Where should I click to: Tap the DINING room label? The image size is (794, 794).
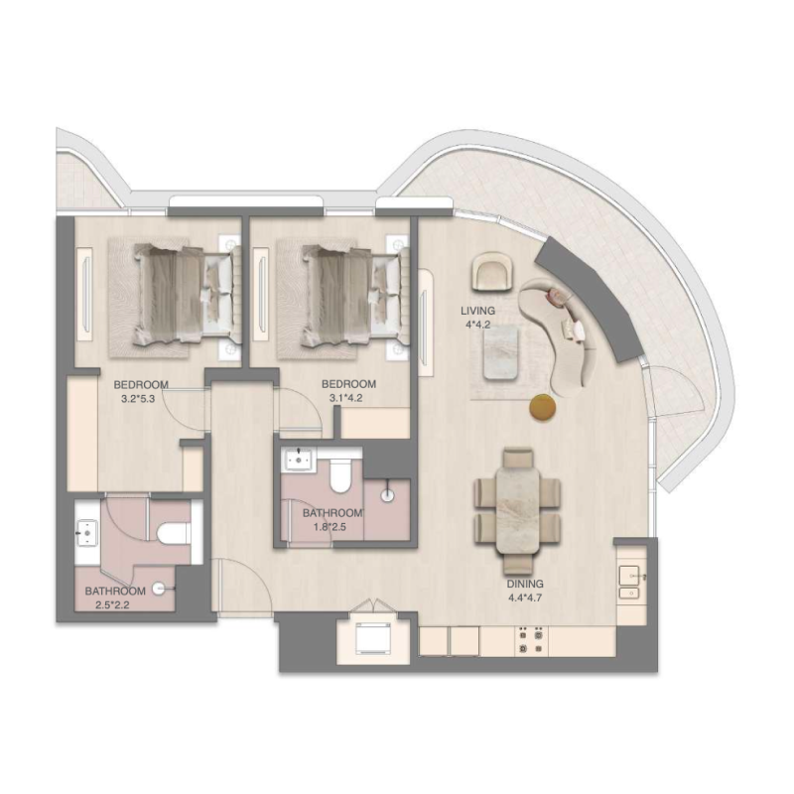click(527, 586)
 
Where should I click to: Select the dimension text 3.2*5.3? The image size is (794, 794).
click(140, 400)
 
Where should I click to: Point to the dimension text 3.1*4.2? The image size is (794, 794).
click(348, 400)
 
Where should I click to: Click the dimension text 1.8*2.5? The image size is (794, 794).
click(332, 526)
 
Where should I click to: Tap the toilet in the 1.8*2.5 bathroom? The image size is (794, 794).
click(337, 477)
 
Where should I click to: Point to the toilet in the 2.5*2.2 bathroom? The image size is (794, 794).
click(175, 533)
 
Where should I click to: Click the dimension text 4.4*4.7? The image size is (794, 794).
click(527, 598)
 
